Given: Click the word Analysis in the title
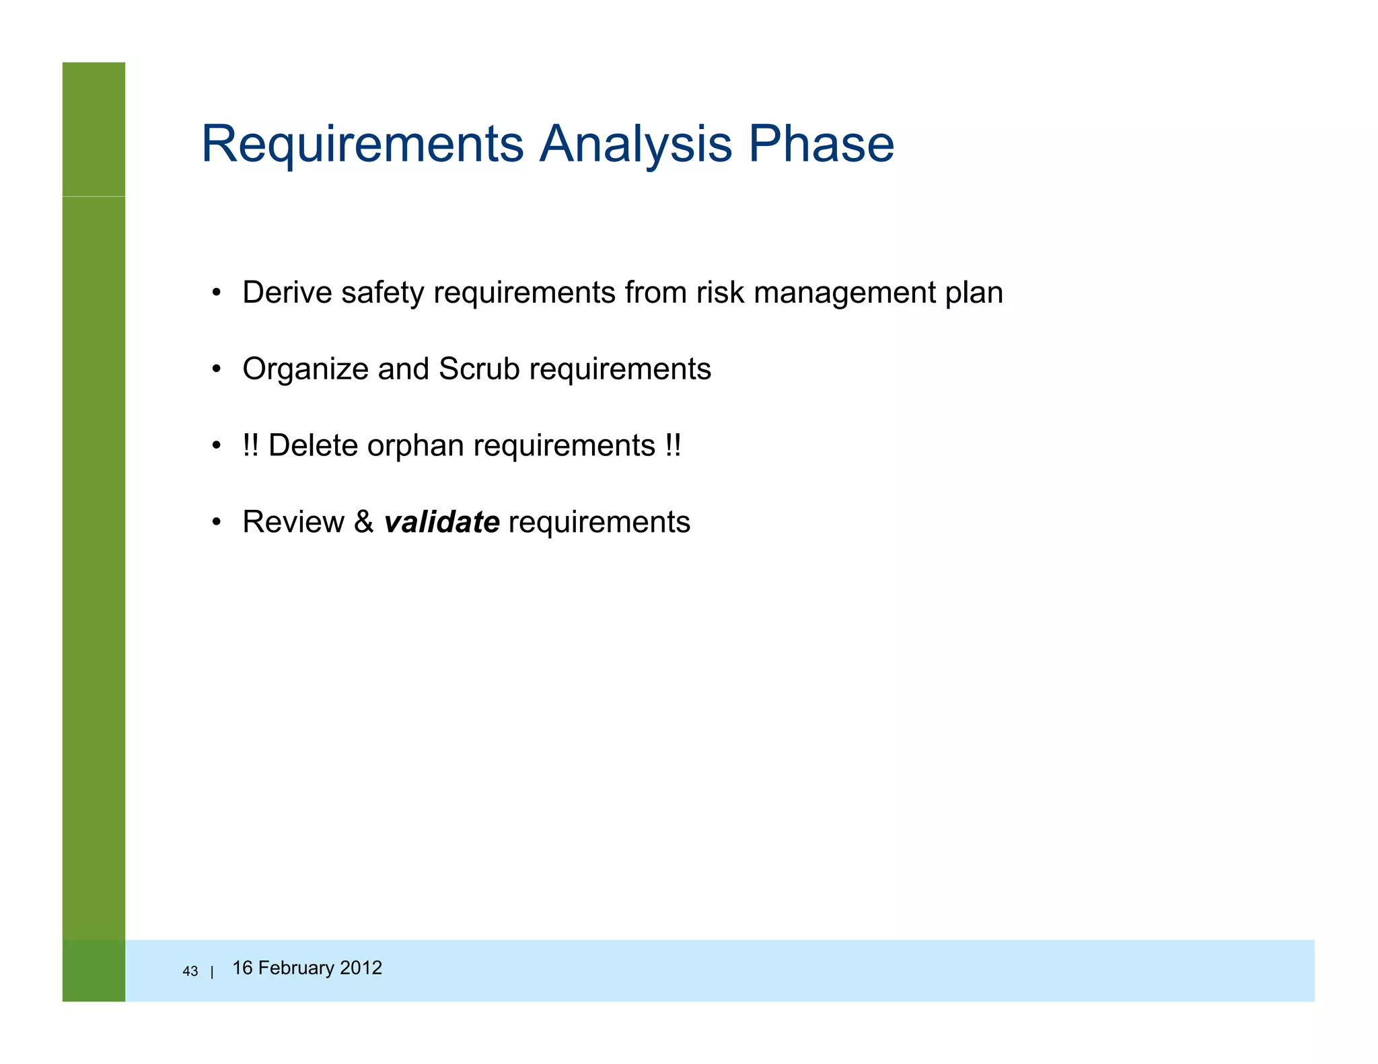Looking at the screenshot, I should click(635, 144).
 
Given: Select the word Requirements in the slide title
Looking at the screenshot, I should click(362, 144).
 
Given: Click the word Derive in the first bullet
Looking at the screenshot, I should click(287, 293).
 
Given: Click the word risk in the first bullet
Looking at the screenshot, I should click(720, 293).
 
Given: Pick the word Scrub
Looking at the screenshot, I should click(479, 369).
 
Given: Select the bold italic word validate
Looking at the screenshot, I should click(441, 522).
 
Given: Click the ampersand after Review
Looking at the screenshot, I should click(363, 522).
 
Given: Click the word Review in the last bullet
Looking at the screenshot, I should click(293, 522).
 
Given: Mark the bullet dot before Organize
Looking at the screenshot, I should click(216, 369).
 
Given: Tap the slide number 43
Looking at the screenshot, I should click(190, 971).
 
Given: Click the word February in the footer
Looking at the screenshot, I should click(296, 968).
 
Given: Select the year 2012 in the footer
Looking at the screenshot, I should click(361, 968).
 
